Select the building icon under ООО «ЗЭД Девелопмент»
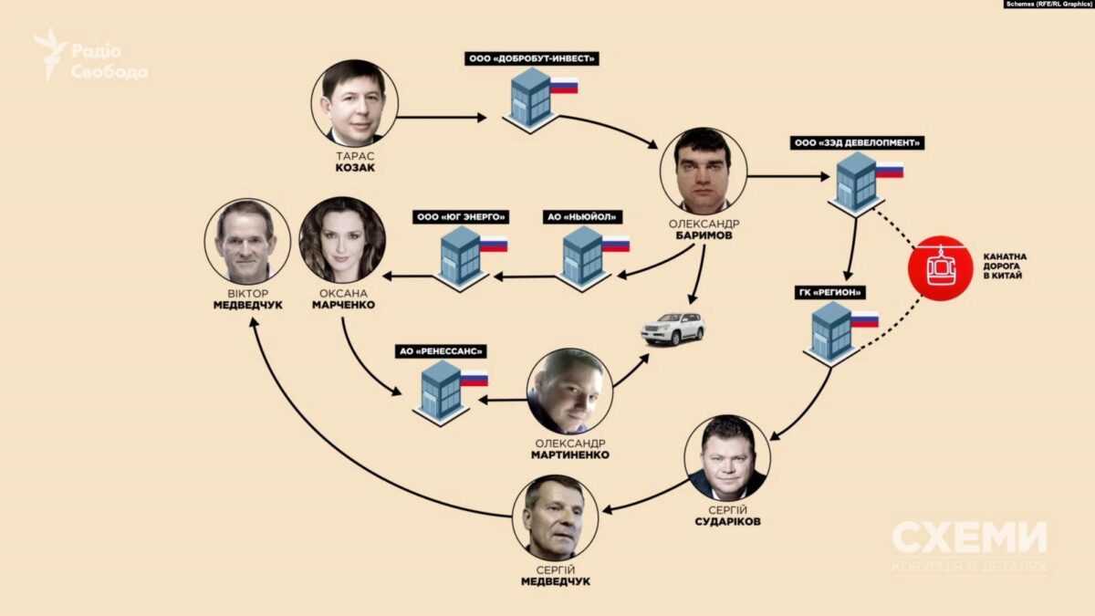coord(856,182)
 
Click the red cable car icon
coord(936,266)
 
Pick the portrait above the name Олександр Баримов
coord(704,171)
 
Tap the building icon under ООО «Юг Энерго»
coord(461,256)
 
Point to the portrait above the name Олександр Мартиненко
coord(569,391)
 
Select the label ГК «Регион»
coord(829,292)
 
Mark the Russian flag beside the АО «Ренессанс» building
coord(474,378)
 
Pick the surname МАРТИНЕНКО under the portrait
coord(569,454)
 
